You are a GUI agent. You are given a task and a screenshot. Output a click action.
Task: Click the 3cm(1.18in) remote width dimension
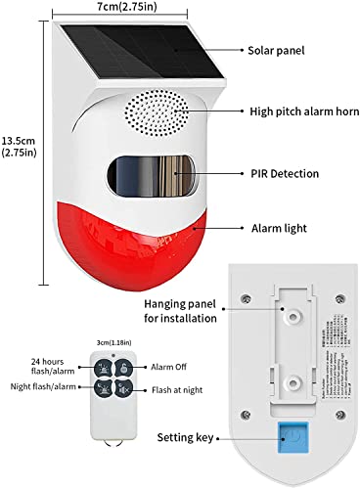tap(96, 342)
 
